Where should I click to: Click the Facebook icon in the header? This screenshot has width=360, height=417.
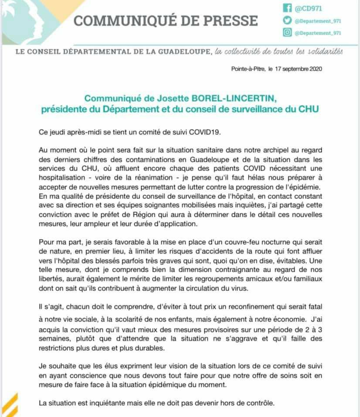coord(287,8)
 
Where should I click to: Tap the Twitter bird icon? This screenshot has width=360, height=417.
coord(287,20)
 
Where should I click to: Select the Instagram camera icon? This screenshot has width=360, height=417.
coord(287,32)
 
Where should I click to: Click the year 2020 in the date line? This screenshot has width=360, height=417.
coord(314,69)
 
